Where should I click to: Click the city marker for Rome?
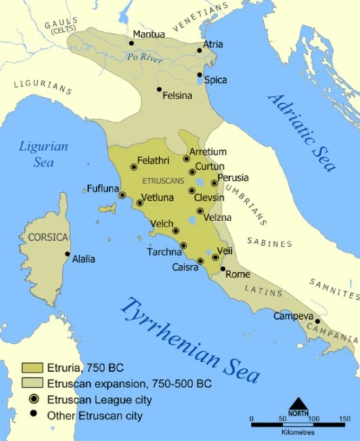coord(223,269)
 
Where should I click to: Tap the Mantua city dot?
coord(131,43)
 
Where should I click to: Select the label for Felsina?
coord(178,96)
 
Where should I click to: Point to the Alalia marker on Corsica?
coord(67,254)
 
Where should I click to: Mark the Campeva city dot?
coord(317,322)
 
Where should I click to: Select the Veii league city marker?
coord(216,257)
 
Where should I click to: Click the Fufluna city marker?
coord(122,195)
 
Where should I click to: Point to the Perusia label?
coord(233,178)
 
